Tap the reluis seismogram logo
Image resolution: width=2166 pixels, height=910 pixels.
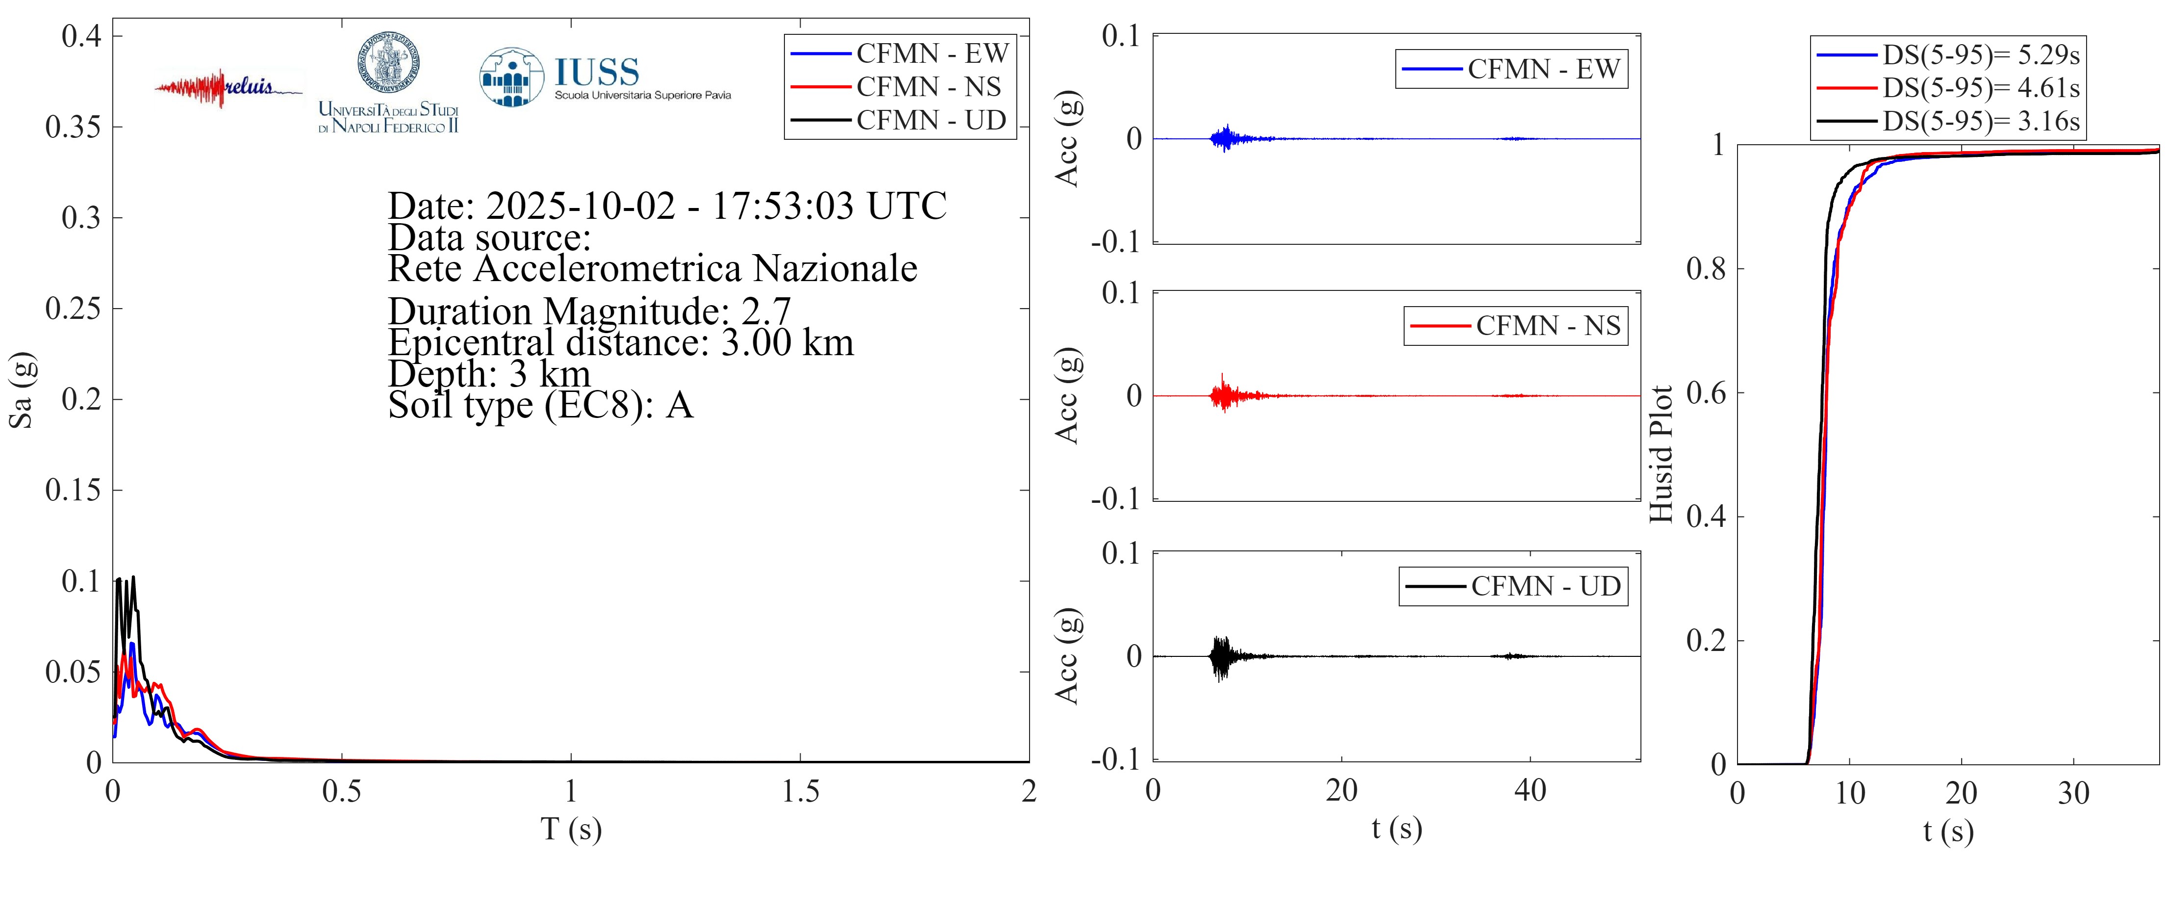point(227,87)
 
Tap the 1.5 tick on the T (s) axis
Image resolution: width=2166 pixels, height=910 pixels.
point(800,791)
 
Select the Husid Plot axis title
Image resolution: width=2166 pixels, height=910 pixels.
point(1661,454)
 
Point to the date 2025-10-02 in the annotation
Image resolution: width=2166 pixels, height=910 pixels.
point(580,206)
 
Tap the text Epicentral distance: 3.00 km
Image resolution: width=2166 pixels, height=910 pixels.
point(621,343)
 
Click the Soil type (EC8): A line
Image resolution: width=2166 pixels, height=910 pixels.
point(540,405)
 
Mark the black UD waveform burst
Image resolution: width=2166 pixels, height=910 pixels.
point(1221,656)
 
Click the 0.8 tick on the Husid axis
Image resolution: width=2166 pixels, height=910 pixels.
point(1706,269)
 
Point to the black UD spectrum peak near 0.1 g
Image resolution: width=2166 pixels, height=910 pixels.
point(132,579)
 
